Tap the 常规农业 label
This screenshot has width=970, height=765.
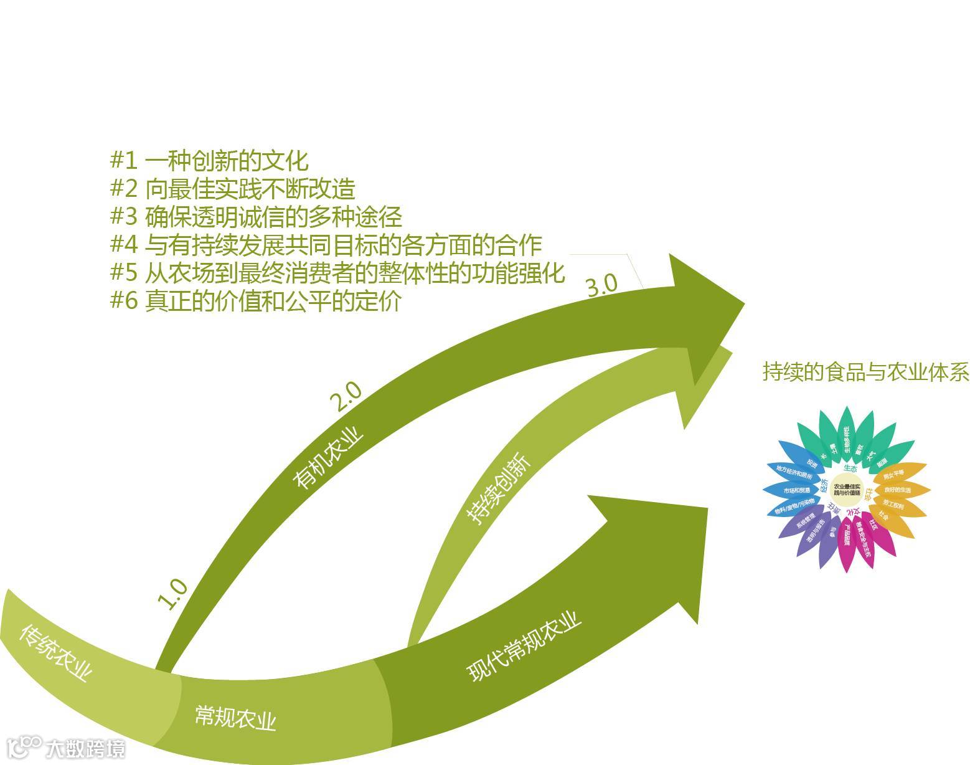(x=235, y=716)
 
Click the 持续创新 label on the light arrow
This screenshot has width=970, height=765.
(x=499, y=488)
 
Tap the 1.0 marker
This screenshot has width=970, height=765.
(x=173, y=594)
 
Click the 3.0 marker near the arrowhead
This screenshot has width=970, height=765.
(x=602, y=285)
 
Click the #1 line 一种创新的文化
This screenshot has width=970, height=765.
(x=209, y=161)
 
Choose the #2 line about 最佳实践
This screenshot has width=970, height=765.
(x=232, y=189)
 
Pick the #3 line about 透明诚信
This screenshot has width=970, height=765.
(x=256, y=217)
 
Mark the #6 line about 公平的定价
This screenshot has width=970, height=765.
(x=255, y=301)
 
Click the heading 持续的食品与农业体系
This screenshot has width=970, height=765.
(x=866, y=372)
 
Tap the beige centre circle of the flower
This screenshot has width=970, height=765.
(x=847, y=490)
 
